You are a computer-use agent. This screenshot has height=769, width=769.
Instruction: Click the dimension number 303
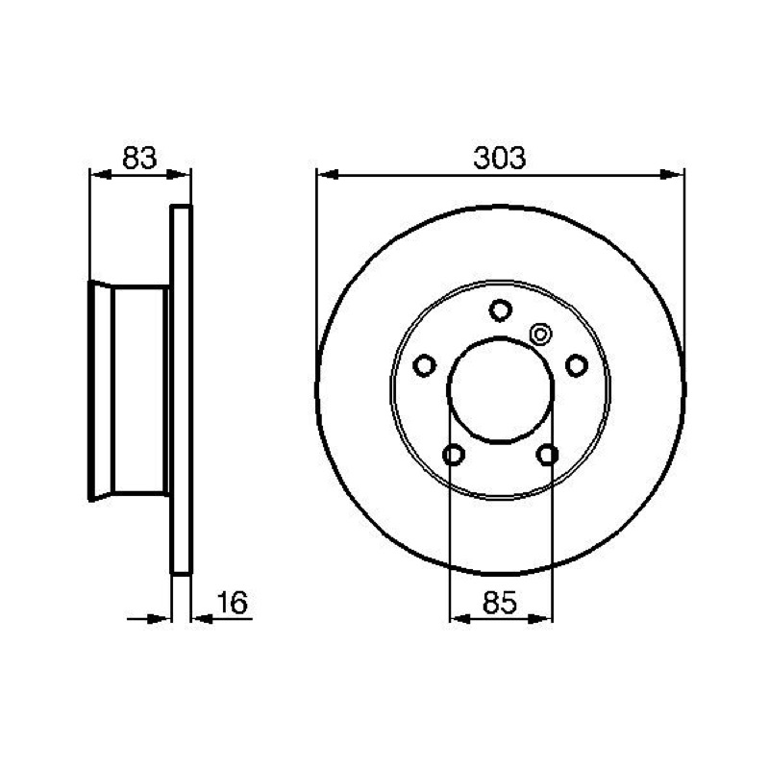point(499,158)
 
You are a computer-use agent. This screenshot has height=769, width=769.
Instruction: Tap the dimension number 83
point(139,158)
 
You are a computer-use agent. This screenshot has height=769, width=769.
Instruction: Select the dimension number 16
point(233,603)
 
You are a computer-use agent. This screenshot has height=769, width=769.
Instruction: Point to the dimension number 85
point(500,603)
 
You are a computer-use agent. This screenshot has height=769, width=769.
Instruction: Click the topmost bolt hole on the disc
point(500,310)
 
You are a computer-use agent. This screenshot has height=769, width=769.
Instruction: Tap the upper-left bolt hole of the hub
point(425,365)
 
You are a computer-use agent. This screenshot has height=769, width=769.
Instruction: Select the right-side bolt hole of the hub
point(577,365)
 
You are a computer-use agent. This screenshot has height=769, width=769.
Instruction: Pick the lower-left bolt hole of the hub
point(454,455)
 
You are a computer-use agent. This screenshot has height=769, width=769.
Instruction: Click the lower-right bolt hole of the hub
point(547,455)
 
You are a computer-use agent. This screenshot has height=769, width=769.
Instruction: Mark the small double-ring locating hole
point(540,335)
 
